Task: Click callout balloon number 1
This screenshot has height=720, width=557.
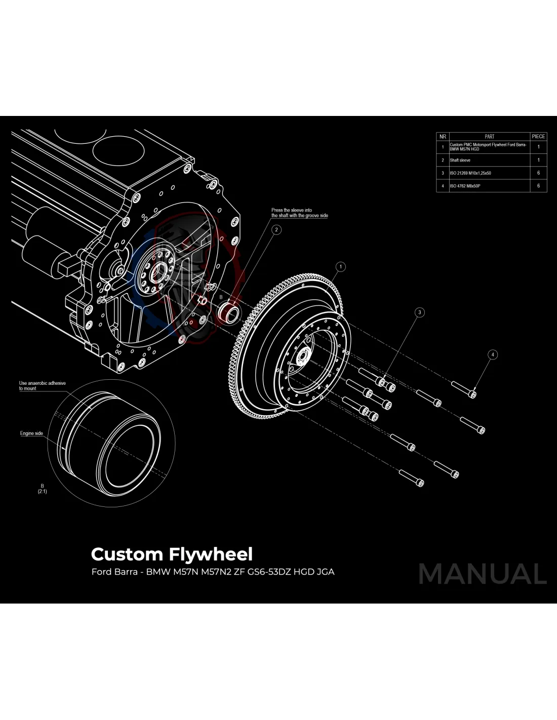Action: click(x=341, y=267)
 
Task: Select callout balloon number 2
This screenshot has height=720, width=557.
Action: click(x=276, y=230)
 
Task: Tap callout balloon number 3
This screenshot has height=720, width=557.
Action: click(x=419, y=312)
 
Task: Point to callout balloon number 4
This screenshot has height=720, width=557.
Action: click(x=493, y=354)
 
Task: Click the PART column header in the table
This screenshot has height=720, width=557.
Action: click(x=489, y=136)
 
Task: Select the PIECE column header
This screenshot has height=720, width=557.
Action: click(x=538, y=136)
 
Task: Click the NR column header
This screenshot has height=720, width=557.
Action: click(x=443, y=136)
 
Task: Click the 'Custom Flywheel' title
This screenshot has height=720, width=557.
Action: click(x=172, y=554)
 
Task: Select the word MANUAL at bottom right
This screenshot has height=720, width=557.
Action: click(x=483, y=574)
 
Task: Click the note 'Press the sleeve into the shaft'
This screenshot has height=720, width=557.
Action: click(x=299, y=213)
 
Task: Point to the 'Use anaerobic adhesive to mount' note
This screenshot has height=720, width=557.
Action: click(x=43, y=386)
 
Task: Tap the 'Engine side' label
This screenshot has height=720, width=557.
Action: click(x=31, y=433)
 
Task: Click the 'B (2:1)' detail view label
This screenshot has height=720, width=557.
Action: click(x=42, y=489)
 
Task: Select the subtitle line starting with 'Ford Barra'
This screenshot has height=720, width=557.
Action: click(x=213, y=572)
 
